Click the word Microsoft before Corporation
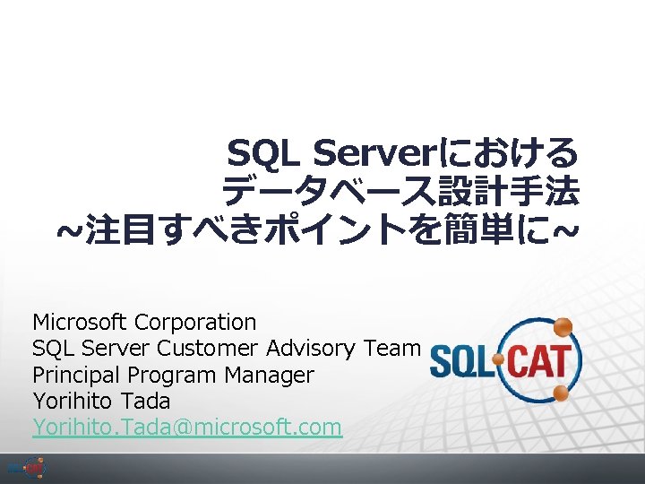pyautogui.click(x=81, y=322)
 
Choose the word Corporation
pyautogui.click(x=194, y=322)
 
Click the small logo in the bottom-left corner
pyautogui.click(x=26, y=468)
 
